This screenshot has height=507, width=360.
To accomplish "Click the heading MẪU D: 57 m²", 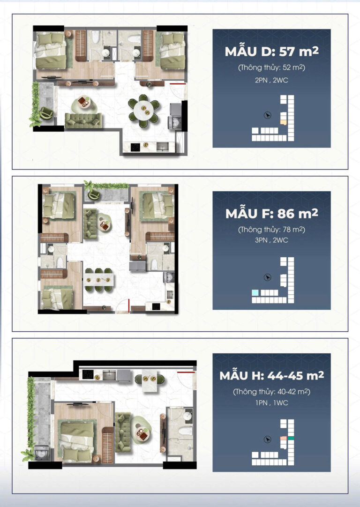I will click(x=271, y=52).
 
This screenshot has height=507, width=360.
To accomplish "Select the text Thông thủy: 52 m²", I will click(x=271, y=68).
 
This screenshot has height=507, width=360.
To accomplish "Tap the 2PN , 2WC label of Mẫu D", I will click(x=271, y=80).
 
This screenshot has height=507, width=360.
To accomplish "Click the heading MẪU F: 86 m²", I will click(x=271, y=214).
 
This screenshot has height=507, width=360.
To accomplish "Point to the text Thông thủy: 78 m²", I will click(x=271, y=230).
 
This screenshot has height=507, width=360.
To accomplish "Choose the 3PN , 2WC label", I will click(x=271, y=241).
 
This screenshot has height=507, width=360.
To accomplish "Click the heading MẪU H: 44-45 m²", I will click(x=271, y=376).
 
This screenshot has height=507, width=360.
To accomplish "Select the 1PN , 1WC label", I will click(x=271, y=403).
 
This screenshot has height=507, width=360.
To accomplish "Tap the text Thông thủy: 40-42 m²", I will click(x=271, y=392).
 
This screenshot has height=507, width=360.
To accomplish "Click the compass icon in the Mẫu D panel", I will click(x=267, y=115).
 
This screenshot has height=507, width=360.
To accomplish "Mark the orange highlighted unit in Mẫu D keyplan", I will click(x=283, y=122).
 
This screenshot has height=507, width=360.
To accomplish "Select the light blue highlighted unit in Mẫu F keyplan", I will click(x=255, y=292).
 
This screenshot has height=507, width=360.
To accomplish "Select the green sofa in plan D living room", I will click(x=83, y=120).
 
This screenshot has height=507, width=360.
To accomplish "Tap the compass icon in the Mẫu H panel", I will click(x=268, y=439).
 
